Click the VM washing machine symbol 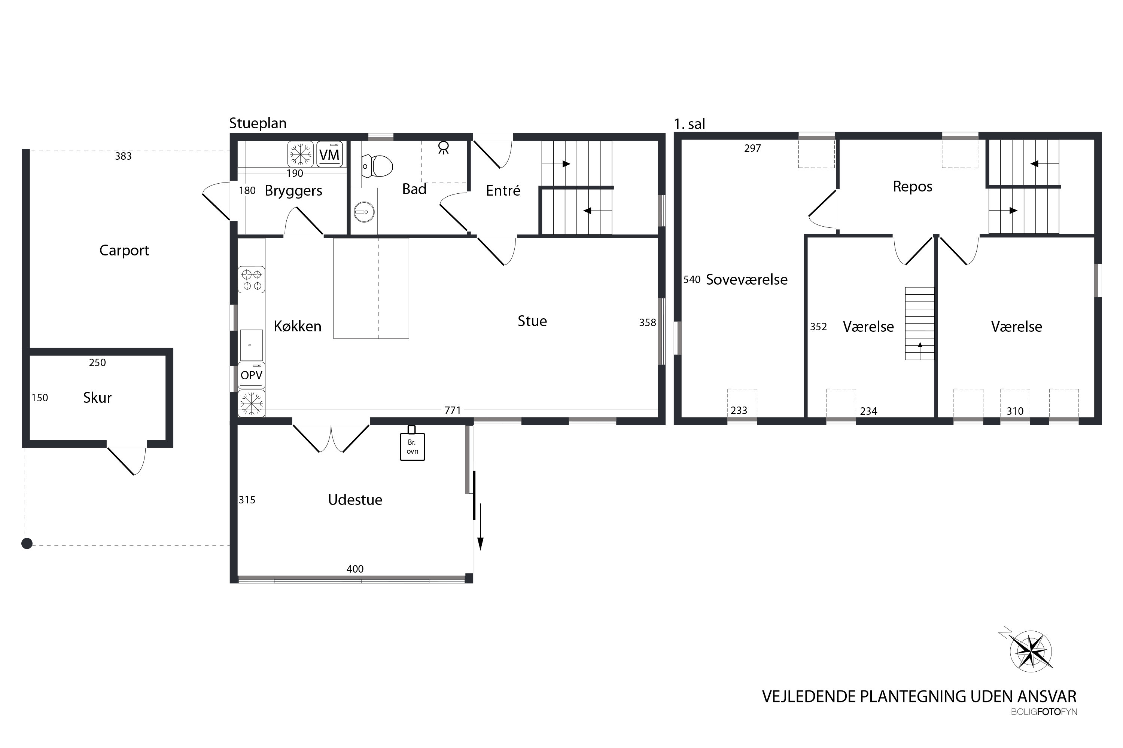coord(329,154)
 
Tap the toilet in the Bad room coord(378,166)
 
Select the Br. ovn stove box coord(412,447)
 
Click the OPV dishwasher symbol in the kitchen coord(251,375)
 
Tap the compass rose coord(1031,652)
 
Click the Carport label coord(124,251)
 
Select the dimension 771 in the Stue coord(452,410)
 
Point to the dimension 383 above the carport coord(123,156)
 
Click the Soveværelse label coord(746,279)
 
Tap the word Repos coord(912,187)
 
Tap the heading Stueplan coord(258,123)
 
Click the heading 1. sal coord(689,125)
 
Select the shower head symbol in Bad coord(444,147)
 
